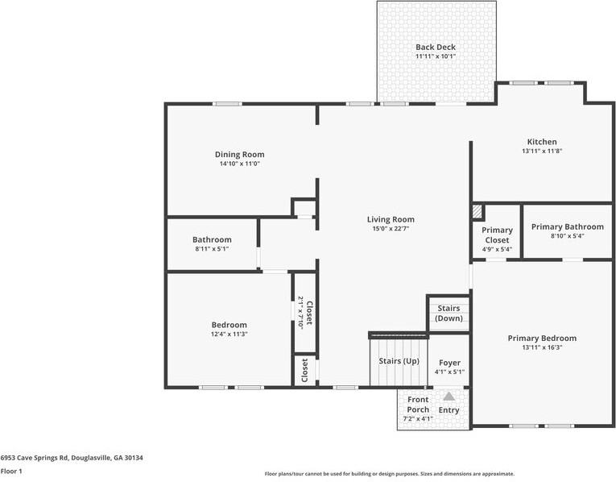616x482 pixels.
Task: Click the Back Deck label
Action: [435, 48]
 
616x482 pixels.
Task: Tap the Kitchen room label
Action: [541, 142]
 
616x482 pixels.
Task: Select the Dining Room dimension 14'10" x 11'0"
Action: [239, 164]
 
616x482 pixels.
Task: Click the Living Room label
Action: [391, 219]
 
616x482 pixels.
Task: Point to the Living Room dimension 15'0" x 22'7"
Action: [391, 229]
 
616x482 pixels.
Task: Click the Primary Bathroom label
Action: [567, 226]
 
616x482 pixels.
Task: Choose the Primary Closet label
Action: [497, 235]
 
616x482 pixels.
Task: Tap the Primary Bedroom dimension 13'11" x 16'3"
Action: [541, 348]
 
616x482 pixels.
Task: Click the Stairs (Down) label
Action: [449, 314]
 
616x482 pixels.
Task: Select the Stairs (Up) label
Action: [399, 360]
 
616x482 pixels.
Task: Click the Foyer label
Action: [449, 363]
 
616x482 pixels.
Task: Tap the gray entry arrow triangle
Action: [449, 396]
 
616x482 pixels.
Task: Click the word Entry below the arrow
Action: [449, 410]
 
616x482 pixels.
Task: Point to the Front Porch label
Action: [418, 405]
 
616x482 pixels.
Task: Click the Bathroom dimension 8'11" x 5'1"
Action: [212, 249]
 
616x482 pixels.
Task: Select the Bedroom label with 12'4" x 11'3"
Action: [229, 325]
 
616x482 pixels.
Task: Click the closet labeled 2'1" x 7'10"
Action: [304, 311]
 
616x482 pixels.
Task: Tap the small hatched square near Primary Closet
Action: [478, 211]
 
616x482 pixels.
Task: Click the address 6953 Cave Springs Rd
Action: [72, 457]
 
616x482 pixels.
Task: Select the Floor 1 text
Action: [12, 472]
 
